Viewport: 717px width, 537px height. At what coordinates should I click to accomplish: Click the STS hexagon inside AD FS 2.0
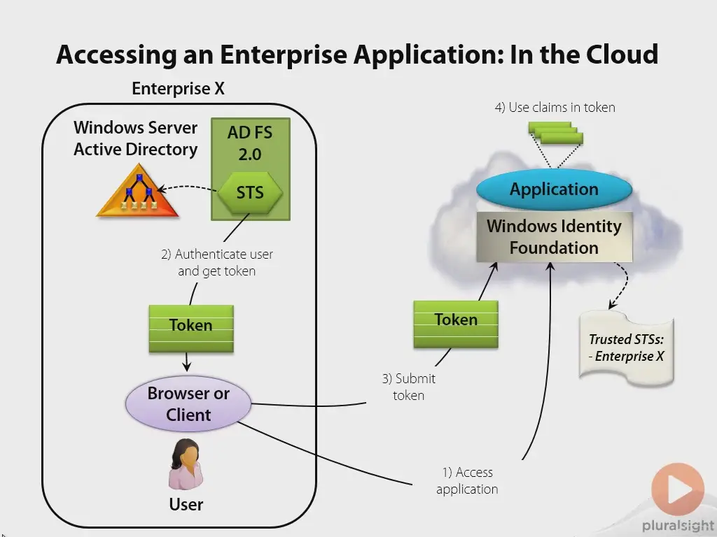[x=250, y=193]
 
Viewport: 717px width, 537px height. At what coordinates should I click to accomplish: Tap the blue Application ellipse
[x=555, y=189]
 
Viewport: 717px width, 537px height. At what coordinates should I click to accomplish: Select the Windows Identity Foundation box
[x=555, y=237]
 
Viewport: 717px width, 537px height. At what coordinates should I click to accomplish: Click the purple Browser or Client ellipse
[x=188, y=404]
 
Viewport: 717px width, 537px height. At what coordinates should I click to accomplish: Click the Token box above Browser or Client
[x=191, y=329]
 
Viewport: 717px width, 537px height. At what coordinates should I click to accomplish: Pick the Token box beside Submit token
[x=456, y=324]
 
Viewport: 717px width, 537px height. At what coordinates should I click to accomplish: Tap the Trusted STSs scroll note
[x=627, y=348]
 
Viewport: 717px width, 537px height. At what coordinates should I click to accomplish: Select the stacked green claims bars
[x=555, y=133]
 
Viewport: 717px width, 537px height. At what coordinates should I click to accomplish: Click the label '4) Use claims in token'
[x=555, y=107]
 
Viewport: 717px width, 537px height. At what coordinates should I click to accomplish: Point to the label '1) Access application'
[x=467, y=480]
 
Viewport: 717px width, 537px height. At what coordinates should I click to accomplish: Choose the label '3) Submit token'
[x=409, y=387]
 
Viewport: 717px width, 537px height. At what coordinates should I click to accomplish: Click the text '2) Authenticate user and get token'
[x=217, y=262]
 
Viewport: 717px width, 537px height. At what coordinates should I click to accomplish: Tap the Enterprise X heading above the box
[x=179, y=88]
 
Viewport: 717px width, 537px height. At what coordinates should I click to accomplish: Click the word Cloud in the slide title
[x=622, y=54]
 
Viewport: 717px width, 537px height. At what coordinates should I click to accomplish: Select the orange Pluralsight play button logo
[x=678, y=489]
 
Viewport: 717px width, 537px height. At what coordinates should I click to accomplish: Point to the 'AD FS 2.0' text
[x=250, y=143]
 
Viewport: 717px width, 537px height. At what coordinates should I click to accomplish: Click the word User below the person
[x=186, y=504]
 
